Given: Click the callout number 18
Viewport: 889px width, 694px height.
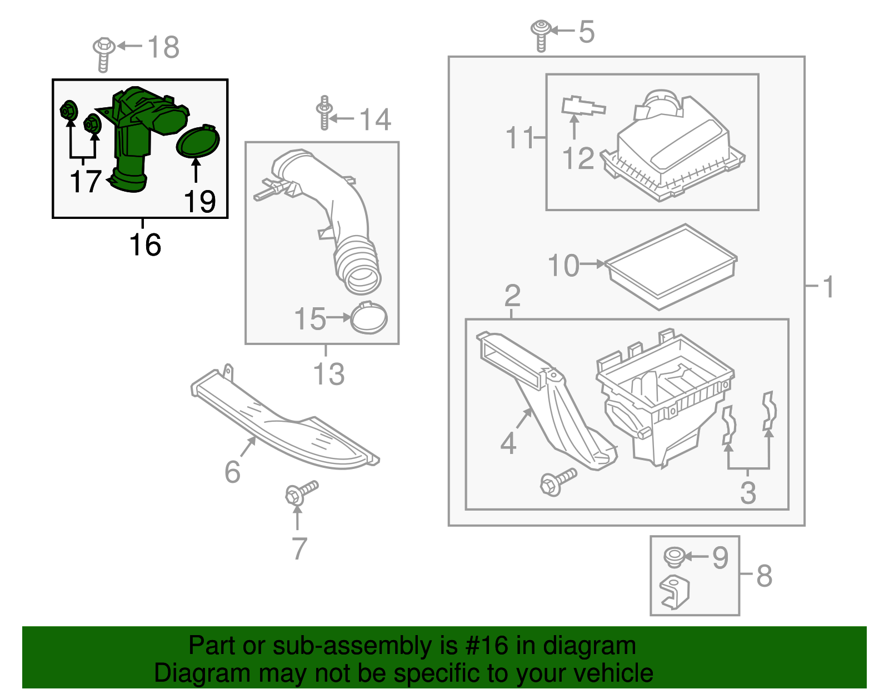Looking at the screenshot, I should click(x=164, y=47).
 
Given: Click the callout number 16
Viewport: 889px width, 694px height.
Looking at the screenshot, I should click(x=145, y=245).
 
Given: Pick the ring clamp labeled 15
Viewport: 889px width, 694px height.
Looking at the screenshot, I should click(x=369, y=318).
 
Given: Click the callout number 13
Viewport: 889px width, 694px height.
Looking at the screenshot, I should click(x=329, y=374).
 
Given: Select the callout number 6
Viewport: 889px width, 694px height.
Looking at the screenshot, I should click(x=232, y=472).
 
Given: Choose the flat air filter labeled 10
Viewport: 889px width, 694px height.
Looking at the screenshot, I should click(x=671, y=266).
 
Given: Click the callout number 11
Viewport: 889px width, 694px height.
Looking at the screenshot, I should click(x=519, y=137).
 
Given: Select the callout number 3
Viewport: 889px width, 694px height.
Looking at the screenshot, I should click(x=748, y=493).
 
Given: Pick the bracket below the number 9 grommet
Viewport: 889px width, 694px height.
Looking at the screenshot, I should click(x=675, y=592).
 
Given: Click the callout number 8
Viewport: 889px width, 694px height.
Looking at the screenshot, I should click(x=765, y=576).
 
